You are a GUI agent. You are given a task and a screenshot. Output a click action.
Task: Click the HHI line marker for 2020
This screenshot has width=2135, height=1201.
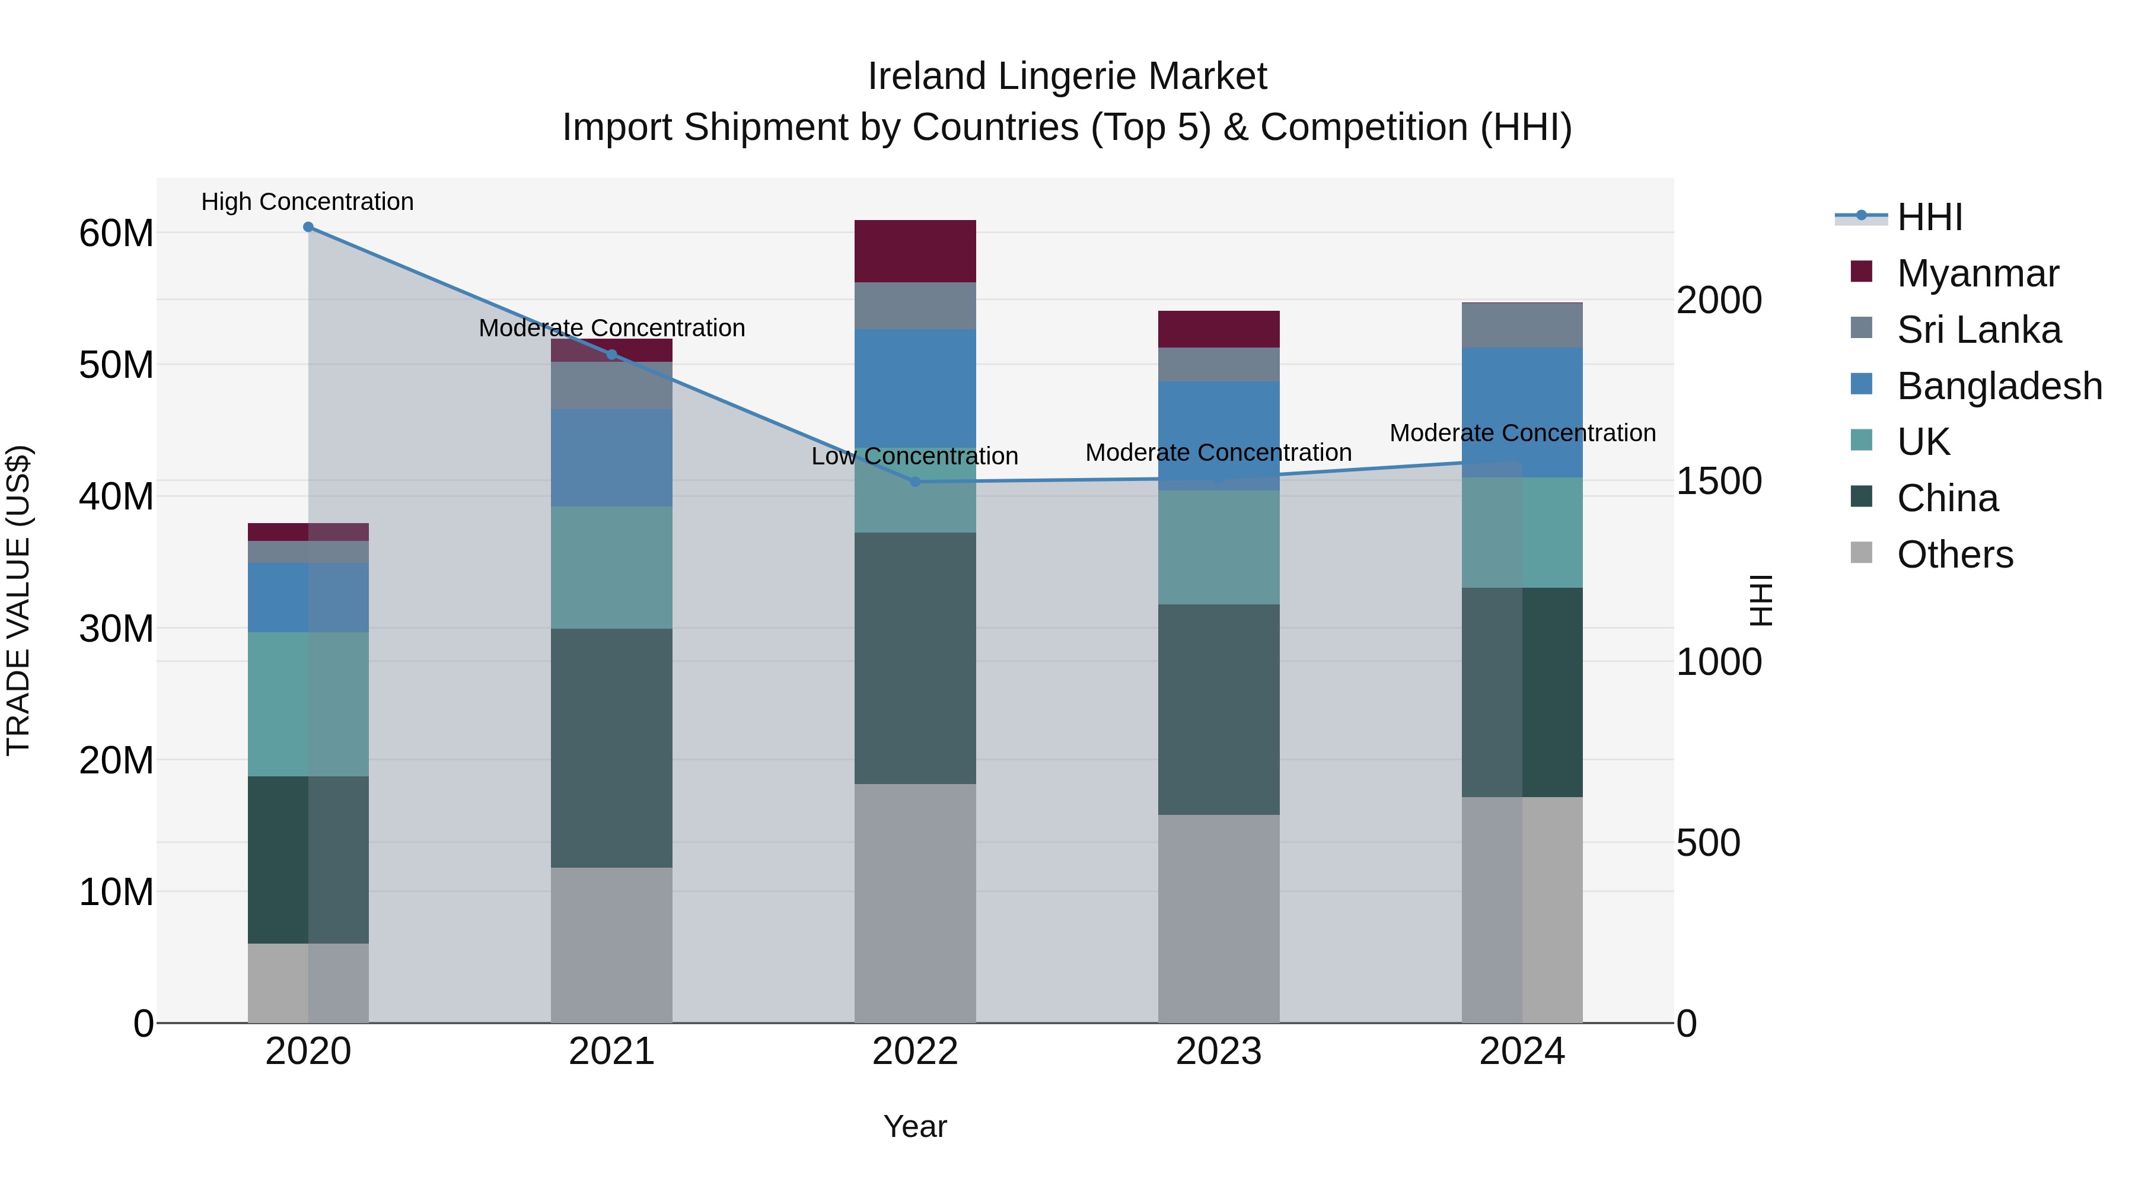(308, 227)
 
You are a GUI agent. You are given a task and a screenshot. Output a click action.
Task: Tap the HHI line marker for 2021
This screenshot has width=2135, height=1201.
(611, 355)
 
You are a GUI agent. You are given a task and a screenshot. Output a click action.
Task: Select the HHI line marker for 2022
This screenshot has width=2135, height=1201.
(915, 482)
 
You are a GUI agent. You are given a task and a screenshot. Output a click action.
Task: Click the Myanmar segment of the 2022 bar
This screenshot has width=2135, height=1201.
(915, 251)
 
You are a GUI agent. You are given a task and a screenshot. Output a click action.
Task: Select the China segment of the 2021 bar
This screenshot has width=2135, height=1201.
(611, 748)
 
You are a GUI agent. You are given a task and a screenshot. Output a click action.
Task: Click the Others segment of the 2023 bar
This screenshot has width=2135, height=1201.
(1218, 918)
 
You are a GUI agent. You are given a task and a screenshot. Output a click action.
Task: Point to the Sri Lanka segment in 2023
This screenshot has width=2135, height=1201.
(1218, 364)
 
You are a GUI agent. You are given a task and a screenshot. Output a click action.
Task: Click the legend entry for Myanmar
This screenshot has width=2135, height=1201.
(1977, 273)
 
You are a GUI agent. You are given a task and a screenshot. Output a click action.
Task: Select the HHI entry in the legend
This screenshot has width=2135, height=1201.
(1929, 217)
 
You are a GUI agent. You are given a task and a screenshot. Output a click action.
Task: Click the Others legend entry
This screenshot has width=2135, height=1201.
(1954, 555)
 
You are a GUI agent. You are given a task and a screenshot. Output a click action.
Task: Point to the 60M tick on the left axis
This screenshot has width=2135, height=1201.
(116, 234)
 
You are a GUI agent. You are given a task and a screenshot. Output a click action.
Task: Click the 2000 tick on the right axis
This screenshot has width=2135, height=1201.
(1719, 300)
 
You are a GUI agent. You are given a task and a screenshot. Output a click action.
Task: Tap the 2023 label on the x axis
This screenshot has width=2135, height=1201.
(1218, 1052)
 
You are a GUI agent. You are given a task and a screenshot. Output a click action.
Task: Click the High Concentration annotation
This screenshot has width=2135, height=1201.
(307, 202)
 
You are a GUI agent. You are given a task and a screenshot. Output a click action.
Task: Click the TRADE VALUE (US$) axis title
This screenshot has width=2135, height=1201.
(18, 600)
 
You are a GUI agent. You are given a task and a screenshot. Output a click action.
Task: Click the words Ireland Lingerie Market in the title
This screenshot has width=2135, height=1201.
(1067, 77)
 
